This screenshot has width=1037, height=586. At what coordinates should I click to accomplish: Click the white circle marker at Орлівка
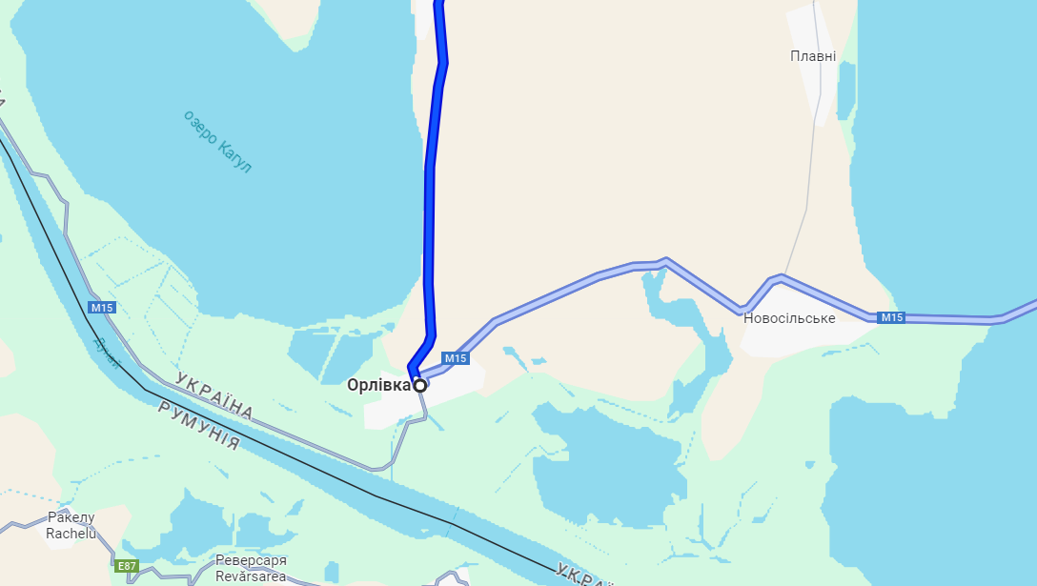419,385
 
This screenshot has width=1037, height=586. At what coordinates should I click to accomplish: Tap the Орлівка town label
379,385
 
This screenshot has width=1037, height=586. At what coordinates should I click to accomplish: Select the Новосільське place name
789,318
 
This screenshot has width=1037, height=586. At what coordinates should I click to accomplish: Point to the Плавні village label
813,56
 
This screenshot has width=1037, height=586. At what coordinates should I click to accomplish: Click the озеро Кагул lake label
218,141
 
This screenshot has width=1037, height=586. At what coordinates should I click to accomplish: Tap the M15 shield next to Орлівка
456,358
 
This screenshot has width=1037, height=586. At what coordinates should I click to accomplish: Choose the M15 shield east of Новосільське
890,317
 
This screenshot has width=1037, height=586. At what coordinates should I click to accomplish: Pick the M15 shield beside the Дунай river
102,307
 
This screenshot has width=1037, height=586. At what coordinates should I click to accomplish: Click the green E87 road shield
127,566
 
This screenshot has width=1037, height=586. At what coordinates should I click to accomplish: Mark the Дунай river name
108,353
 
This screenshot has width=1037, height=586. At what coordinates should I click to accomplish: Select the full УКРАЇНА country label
214,397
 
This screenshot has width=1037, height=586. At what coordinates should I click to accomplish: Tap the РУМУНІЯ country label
199,426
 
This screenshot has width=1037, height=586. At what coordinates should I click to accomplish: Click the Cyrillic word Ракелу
71,517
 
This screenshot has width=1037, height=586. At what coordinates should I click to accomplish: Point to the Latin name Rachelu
71,534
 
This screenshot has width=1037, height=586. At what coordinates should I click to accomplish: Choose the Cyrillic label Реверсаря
251,560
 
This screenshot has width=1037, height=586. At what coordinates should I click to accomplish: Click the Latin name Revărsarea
251,576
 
